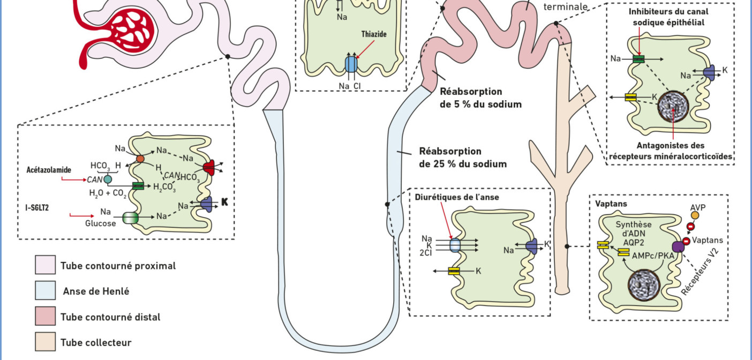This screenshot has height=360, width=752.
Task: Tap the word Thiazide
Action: click(374, 34)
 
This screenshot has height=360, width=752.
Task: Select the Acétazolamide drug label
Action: click(49, 170)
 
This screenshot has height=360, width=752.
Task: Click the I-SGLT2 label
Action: click(37, 207)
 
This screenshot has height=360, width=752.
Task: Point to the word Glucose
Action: click(100, 223)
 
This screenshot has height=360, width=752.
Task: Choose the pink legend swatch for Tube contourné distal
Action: click(46, 316)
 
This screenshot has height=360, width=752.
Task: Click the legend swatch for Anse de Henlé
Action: click(46, 290)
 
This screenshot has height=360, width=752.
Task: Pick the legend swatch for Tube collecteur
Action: click(46, 342)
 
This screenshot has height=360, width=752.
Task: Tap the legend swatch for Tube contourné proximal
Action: click(46, 265)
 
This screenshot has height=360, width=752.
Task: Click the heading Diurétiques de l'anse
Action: click(457, 197)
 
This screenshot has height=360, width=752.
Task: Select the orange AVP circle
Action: click(695, 215)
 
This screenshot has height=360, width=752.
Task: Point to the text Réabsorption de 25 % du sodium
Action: click(463, 157)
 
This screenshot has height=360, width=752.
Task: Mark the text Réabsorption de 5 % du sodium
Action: click(481, 97)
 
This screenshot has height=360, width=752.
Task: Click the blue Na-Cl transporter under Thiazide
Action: click(351, 64)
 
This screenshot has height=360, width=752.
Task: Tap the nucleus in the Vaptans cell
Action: click(644, 285)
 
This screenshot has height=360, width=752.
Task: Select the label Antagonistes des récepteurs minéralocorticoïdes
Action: click(671, 151)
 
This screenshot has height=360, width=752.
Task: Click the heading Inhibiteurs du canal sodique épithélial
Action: click(668, 17)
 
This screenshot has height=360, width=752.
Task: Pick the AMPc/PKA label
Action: click(653, 256)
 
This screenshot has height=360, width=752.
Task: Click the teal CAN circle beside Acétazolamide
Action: click(108, 179)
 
